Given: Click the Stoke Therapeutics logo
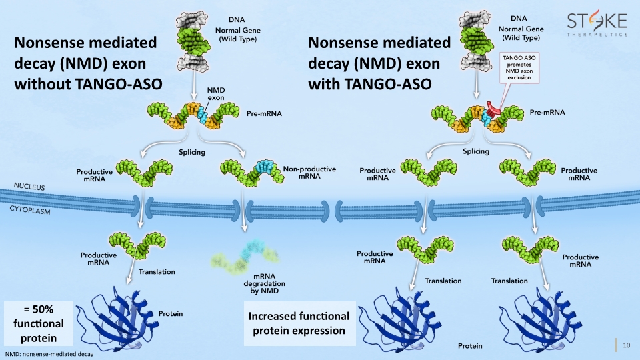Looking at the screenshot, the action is click(597, 25).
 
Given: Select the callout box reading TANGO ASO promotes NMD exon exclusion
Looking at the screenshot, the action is click(519, 67).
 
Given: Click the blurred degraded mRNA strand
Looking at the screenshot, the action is click(245, 257).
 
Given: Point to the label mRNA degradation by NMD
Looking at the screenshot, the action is click(264, 284).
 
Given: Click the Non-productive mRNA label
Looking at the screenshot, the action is click(309, 172).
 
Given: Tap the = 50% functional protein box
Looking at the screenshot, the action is click(39, 324).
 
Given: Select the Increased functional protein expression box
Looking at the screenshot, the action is click(299, 323).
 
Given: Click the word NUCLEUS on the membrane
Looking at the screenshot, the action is click(29, 187).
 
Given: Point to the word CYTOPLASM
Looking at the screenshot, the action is click(30, 210).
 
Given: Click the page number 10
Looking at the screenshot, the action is click(627, 345).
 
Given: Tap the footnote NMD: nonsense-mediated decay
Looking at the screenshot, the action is click(49, 354).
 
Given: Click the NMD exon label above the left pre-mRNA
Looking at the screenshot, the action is click(216, 94).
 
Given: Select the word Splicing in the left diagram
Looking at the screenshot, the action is click(192, 152).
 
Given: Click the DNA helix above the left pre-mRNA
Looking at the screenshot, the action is click(193, 41).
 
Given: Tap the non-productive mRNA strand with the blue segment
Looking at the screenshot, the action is click(252, 173).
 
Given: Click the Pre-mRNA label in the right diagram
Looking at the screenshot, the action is click(547, 112).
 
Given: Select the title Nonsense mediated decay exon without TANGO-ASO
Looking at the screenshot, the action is click(88, 63).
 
